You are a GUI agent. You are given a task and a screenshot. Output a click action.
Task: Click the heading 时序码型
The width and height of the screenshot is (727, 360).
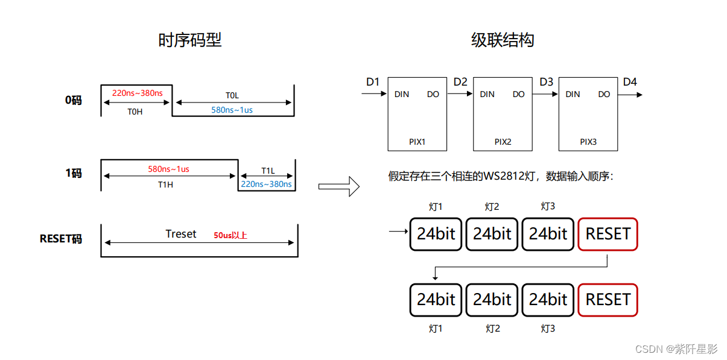189,40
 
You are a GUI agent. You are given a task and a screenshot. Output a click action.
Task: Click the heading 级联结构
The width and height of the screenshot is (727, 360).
502,40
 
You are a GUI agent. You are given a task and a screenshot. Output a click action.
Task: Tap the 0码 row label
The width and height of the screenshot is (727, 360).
73,100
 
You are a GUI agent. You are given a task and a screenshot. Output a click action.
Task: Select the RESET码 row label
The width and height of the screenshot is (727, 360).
60,239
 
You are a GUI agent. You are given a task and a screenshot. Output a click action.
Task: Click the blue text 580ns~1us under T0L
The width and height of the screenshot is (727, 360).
232,110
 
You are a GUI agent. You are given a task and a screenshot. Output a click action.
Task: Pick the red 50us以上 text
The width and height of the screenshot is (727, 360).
230,235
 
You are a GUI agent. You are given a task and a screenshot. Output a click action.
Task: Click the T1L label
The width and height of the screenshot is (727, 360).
268,171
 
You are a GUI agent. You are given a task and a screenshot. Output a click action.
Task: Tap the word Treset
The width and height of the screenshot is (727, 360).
181,234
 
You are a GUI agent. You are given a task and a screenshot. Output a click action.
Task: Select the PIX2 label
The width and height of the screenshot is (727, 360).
503,142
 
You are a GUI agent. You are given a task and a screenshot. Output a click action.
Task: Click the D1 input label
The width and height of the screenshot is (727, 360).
373,81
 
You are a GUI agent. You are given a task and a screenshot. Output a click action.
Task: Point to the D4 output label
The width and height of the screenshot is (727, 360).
629,81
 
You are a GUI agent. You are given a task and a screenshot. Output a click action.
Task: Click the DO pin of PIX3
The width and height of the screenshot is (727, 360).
604,94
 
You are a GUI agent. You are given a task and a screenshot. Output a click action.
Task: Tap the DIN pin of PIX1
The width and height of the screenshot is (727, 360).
402,94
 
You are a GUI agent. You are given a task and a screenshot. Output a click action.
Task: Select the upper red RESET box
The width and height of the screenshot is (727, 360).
608,234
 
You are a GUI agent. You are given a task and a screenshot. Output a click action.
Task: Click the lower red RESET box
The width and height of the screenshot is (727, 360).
608,300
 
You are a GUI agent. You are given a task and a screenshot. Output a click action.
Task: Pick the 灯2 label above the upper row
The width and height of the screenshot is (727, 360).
492,207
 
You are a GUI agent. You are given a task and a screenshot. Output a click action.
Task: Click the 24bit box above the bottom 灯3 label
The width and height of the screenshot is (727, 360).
548,300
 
